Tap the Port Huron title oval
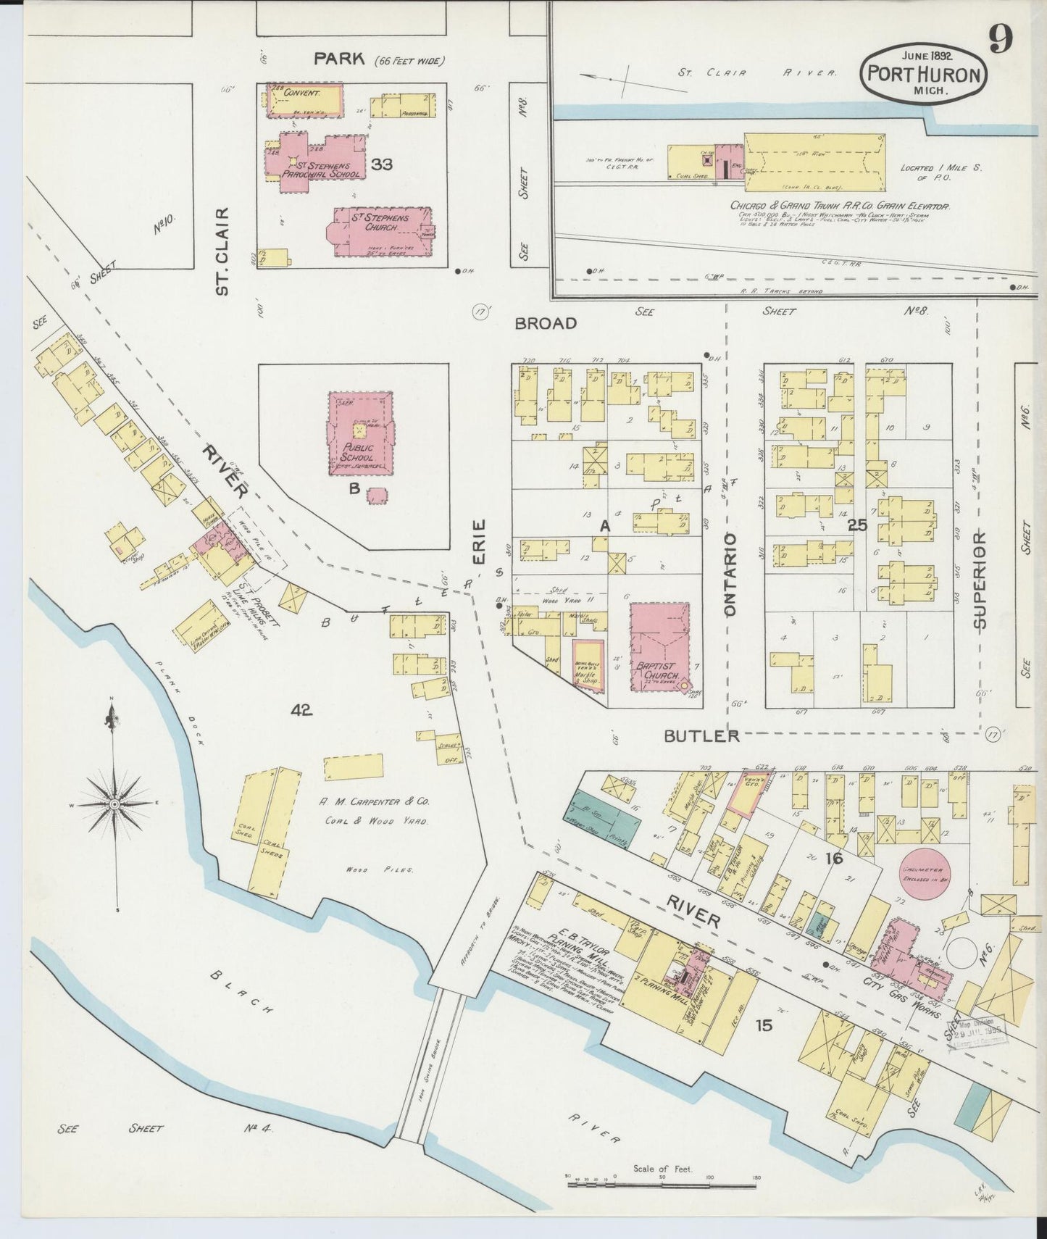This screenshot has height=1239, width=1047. (922, 75)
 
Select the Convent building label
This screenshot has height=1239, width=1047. (302, 93)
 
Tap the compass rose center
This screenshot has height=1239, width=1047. (114, 804)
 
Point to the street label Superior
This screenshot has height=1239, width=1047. (980, 580)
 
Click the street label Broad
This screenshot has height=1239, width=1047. (546, 323)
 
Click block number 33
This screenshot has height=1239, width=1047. (381, 164)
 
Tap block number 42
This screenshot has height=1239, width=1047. (301, 711)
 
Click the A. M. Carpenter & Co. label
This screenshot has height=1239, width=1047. (375, 802)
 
